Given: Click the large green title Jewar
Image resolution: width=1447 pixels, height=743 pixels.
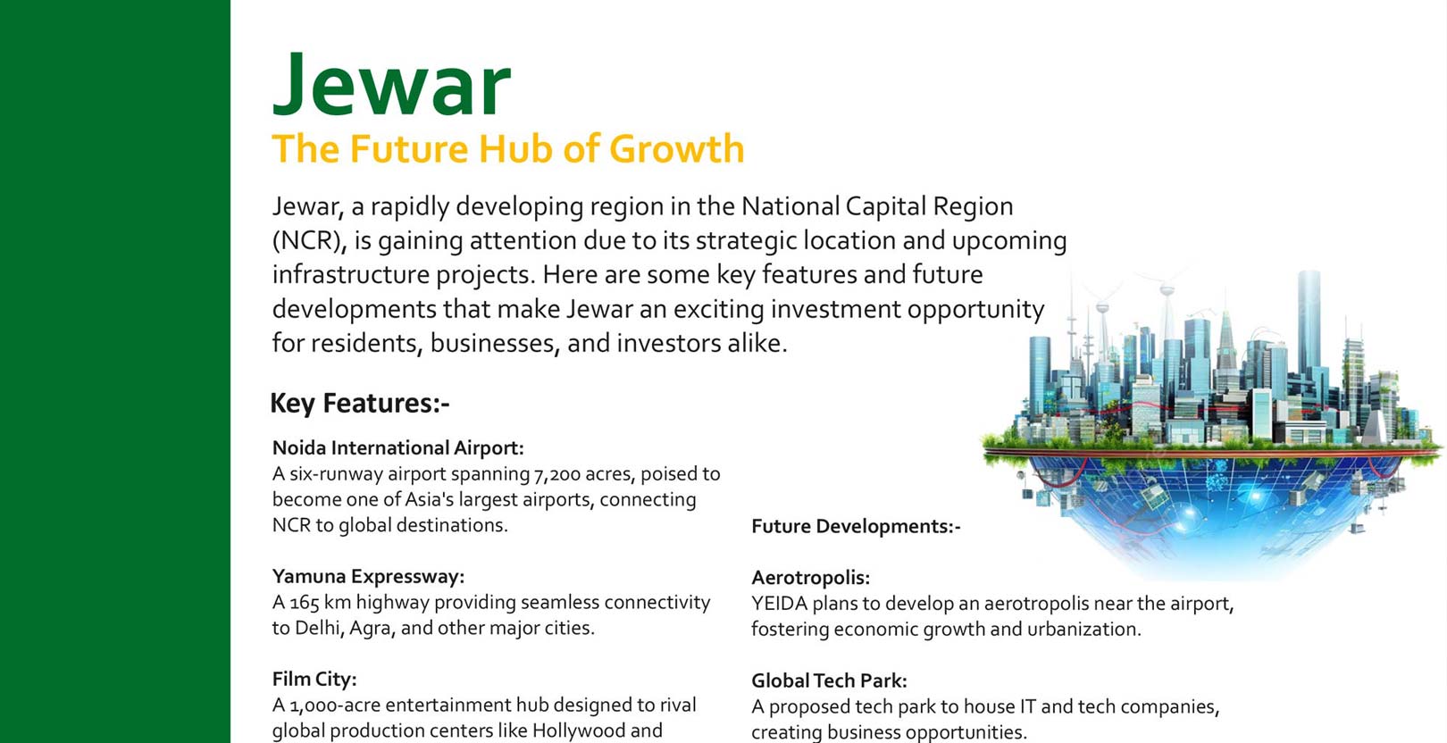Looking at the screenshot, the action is point(391,85).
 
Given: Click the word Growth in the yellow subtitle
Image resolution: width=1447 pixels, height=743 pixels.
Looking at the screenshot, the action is point(676,149).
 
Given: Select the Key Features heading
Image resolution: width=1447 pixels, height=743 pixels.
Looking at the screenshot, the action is point(360,403).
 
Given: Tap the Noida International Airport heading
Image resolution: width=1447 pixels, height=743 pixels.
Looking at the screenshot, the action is point(398,447).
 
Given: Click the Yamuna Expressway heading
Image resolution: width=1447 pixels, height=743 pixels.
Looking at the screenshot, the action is point(368,576).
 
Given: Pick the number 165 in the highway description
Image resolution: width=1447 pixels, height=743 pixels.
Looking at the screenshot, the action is point(305,603).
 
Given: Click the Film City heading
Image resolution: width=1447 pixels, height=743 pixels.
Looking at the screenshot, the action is point(314,679).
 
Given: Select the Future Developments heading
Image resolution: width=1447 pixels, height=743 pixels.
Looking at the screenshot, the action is point(856,527).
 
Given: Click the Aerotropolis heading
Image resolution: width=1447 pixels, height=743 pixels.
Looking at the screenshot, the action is point(811,578).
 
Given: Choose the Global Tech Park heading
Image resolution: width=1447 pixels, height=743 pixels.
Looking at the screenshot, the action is point(829,680).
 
